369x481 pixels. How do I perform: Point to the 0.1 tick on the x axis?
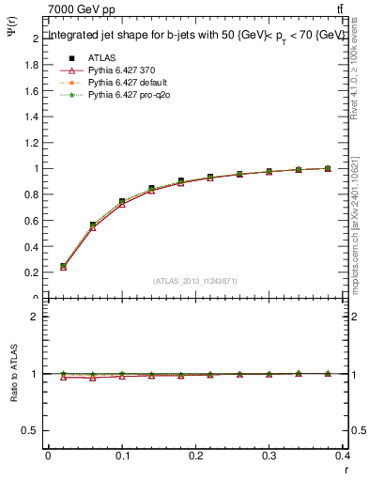(121, 457)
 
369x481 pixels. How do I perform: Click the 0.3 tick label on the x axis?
(269, 457)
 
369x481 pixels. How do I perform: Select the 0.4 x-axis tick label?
(342, 457)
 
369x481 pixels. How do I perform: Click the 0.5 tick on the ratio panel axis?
(33, 430)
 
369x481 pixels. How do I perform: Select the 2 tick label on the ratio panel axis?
(37, 317)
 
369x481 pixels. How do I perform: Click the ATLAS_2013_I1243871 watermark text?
(195, 281)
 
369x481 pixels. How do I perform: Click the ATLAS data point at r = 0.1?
(122, 201)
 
